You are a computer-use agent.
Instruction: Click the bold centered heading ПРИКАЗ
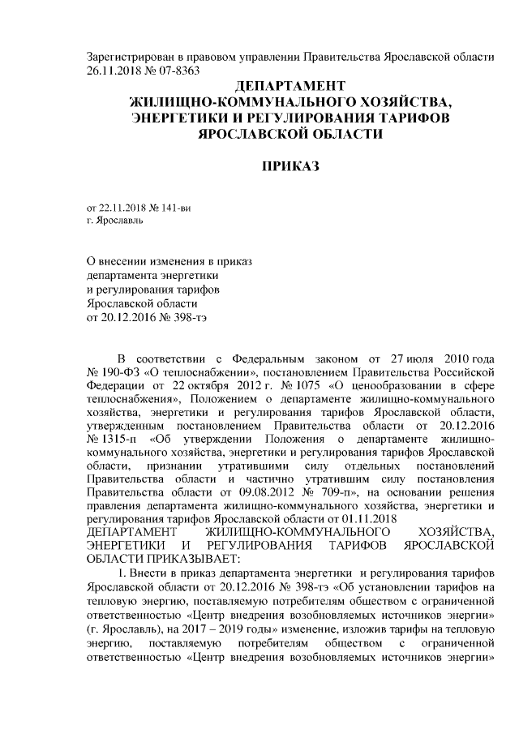pos(290,167)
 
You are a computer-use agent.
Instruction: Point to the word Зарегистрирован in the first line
pos(129,57)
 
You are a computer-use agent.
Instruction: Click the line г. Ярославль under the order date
pos(116,221)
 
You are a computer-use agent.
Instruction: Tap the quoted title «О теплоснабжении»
pos(180,373)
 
